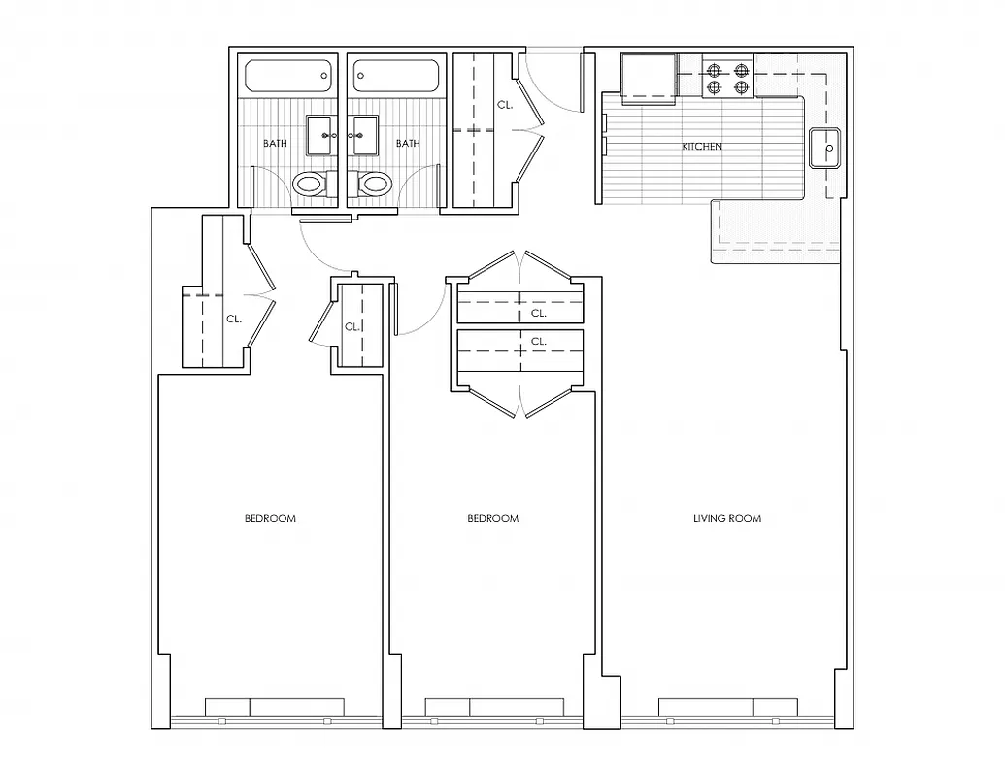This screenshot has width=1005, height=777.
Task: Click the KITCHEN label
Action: tap(702, 147)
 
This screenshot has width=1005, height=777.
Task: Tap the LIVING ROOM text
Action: tap(726, 519)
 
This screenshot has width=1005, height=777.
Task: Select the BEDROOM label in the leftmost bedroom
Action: tap(270, 519)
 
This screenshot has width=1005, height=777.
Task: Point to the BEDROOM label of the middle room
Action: tap(493, 519)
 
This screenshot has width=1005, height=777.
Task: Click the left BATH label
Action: tap(275, 144)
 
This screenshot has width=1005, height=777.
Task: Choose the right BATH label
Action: tap(408, 144)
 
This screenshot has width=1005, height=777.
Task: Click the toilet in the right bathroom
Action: tap(374, 183)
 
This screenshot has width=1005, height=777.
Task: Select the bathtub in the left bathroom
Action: tap(287, 77)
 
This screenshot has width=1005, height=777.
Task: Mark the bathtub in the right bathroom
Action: tap(397, 77)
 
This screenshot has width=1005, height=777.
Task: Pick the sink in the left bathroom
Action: tap(320, 135)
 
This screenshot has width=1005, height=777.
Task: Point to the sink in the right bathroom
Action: tap(366, 135)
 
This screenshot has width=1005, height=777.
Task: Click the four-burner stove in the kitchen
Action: tap(728, 78)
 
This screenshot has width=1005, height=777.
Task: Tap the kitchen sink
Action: tap(824, 149)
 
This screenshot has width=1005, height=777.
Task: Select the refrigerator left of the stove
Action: tap(649, 77)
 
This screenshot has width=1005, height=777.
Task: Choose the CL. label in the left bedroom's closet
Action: tap(234, 318)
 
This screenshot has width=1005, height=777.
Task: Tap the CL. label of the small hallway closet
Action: tap(352, 326)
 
